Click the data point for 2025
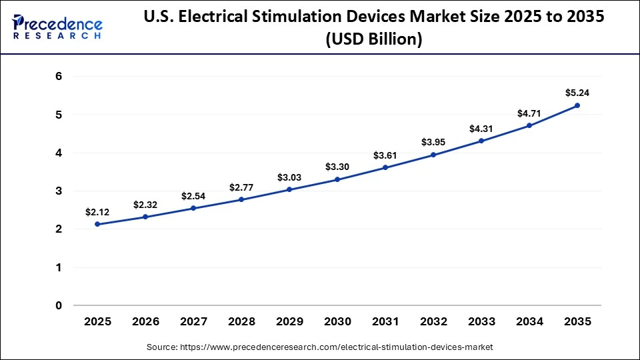[x=97, y=225]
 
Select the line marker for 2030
[x=337, y=179]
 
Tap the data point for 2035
[x=577, y=105]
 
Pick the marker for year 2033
[x=481, y=141]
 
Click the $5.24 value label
[x=577, y=93]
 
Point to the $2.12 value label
[x=97, y=212]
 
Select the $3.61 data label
[x=385, y=155]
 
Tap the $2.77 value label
[x=241, y=187]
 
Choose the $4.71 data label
[x=529, y=113]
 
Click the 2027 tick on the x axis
[x=193, y=321]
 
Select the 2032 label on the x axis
[x=433, y=321]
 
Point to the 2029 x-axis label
[x=289, y=321]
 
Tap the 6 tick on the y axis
[x=59, y=77]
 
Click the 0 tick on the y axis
[x=59, y=306]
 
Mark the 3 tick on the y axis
[x=59, y=191]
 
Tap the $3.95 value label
[x=433, y=142]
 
